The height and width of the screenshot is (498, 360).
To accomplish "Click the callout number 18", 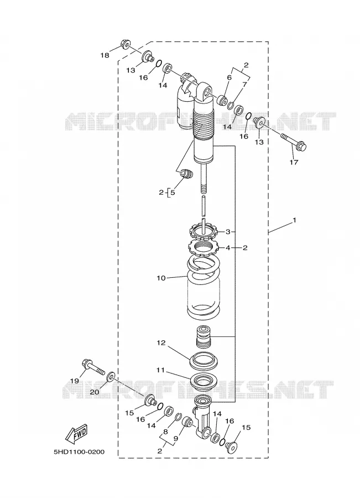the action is click(x=105, y=55).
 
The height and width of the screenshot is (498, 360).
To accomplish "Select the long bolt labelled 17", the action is click(x=294, y=142).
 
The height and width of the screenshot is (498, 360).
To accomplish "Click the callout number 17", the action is click(x=294, y=162).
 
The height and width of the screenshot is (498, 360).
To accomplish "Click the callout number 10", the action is click(x=161, y=278).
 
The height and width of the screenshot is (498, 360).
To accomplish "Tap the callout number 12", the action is click(x=161, y=343).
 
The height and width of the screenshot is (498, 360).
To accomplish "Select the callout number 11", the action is click(x=161, y=370).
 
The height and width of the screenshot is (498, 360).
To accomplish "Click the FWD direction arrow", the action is click(x=76, y=434).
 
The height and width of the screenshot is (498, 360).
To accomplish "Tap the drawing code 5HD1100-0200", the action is click(x=79, y=452).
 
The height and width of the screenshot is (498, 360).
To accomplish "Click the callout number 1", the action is click(x=294, y=220).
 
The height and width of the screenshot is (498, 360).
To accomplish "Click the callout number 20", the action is click(x=94, y=392).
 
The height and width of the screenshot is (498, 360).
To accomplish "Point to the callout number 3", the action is click(x=228, y=232).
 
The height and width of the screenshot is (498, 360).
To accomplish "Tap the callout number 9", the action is click(x=176, y=439).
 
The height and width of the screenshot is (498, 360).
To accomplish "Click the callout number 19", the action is click(x=74, y=381).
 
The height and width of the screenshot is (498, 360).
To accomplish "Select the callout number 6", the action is click(x=229, y=77).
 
